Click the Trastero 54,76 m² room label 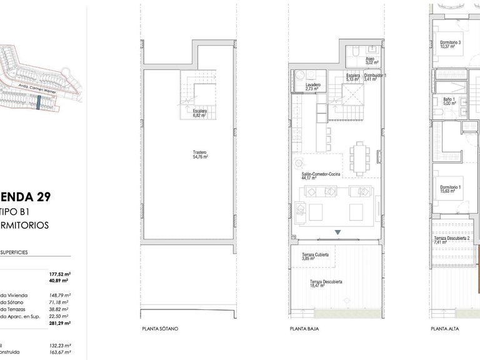pyautogui.click(x=200, y=154)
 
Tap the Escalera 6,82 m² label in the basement pyautogui.click(x=199, y=113)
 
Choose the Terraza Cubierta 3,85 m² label pyautogui.click(x=315, y=257)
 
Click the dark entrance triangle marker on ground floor pyautogui.click(x=338, y=232)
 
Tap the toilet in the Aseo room pyautogui.click(x=353, y=49)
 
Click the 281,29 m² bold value pyautogui.click(x=60, y=323)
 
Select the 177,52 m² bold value pyautogui.click(x=60, y=274)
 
